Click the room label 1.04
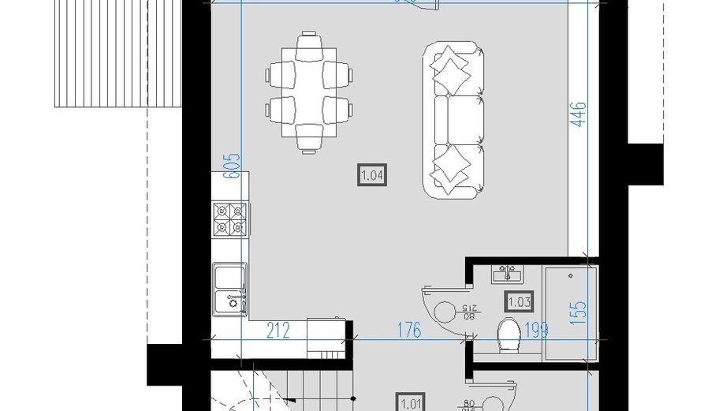click(373, 174)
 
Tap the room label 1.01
click(411, 402)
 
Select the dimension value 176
click(408, 330)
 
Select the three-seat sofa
click(453, 119)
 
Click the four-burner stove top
click(230, 219)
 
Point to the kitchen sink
click(229, 288)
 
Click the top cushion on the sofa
click(451, 69)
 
